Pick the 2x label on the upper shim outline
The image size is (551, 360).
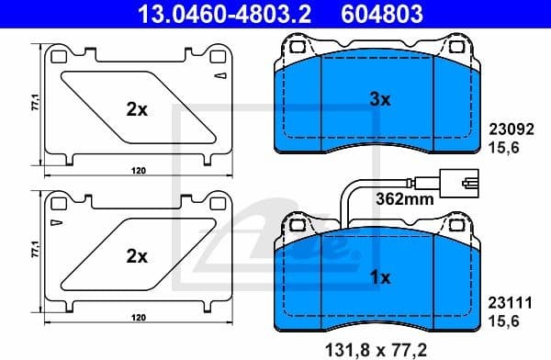(137, 108)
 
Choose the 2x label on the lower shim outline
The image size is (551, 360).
(137, 256)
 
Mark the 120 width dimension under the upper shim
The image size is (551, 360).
(138, 171)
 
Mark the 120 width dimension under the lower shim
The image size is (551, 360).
(138, 318)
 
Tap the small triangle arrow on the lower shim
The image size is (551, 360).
(57, 223)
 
